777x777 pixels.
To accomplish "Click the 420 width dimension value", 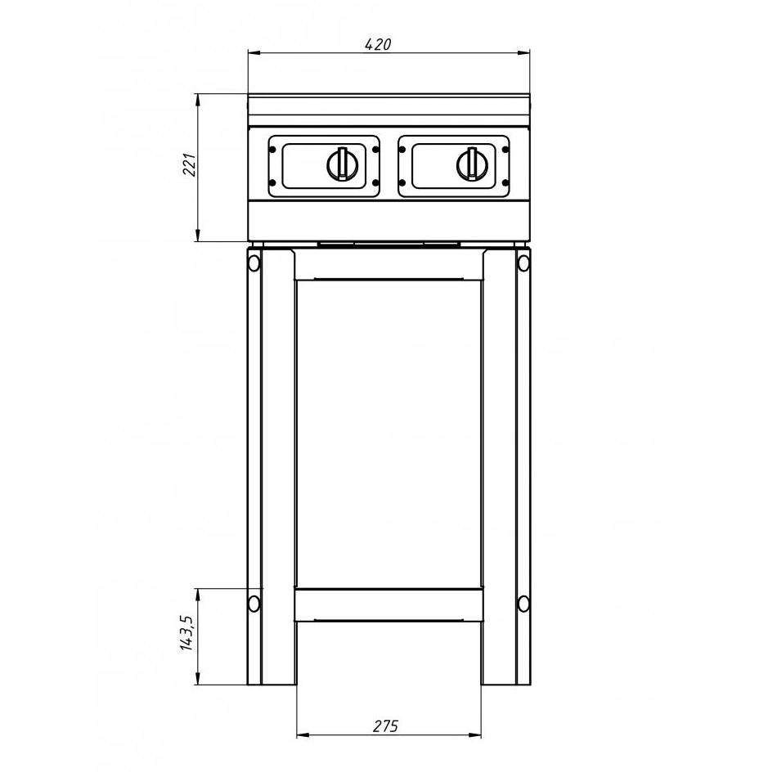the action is tap(378, 44).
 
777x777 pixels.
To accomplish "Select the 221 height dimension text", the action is tap(191, 165).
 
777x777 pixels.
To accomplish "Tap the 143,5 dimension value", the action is tap(186, 632).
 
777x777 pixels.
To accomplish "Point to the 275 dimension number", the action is tap(385, 726).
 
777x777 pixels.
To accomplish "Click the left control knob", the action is tap(341, 164).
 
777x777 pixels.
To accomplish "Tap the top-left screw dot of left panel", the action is tap(272, 149).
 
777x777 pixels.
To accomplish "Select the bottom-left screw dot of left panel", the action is tap(272, 183).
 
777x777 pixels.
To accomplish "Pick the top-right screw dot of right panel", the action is tap(505, 149).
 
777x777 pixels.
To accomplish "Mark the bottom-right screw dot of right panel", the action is tap(505, 183).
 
